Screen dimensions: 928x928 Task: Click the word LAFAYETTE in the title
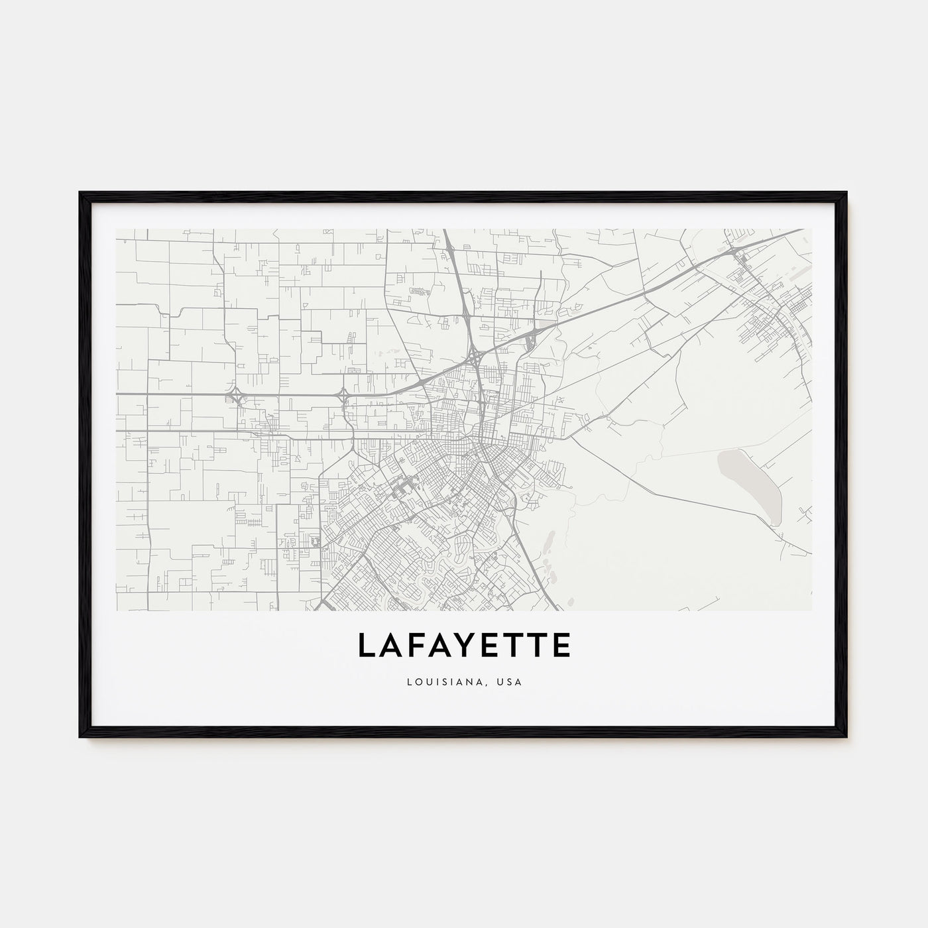(x=464, y=645)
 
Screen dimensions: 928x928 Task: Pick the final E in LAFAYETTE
(x=560, y=645)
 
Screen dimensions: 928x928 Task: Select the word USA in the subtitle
(x=510, y=681)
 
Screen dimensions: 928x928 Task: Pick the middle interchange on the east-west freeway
(x=343, y=396)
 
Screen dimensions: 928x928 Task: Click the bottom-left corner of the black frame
(x=80, y=737)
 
